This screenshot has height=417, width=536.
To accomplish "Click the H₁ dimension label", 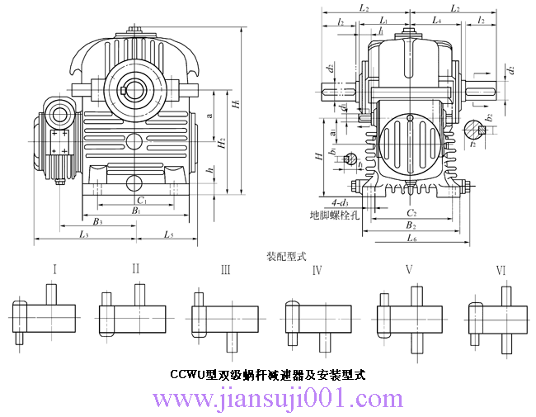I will point(236,106).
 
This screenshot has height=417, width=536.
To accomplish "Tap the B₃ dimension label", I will point(97,221).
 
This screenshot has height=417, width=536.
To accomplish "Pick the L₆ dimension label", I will point(412,238).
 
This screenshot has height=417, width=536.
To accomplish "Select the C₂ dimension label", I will point(411,212).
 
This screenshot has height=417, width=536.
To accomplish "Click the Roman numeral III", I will point(225,269).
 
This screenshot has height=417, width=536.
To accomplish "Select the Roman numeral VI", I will point(501,270).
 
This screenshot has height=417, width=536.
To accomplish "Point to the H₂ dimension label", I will point(222,143).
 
